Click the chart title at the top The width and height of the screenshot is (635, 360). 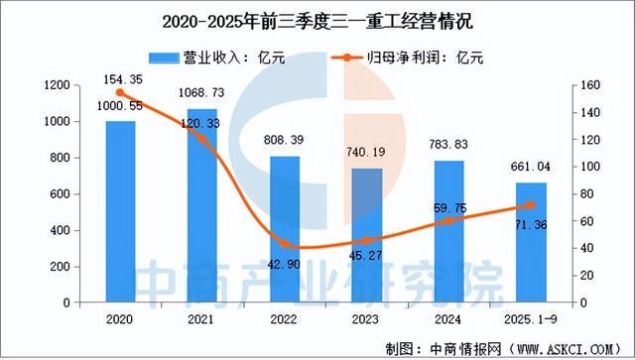point(317,18)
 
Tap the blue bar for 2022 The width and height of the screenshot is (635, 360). point(285,229)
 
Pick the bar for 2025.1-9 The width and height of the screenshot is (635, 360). point(530,242)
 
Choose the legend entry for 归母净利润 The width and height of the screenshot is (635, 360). point(410,59)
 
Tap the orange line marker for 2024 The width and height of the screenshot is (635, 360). point(448,221)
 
